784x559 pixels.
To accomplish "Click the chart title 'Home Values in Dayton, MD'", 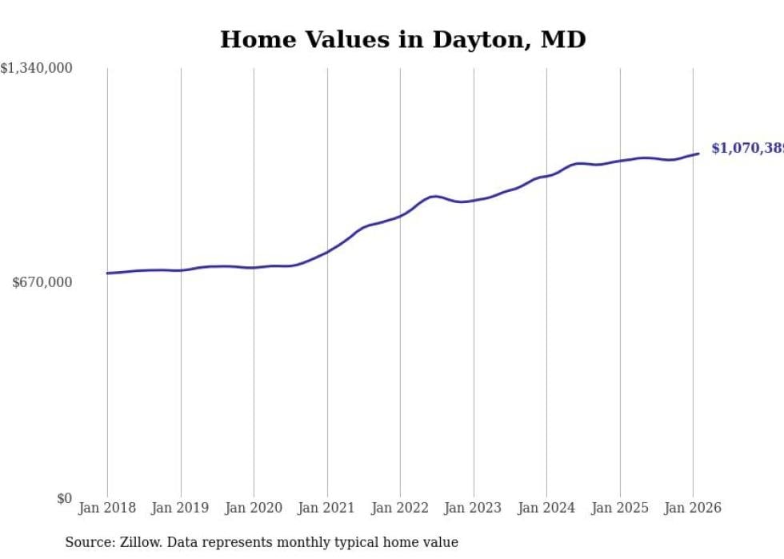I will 402,39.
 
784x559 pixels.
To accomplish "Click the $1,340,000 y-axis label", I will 37,69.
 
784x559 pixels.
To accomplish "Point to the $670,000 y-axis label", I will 42,282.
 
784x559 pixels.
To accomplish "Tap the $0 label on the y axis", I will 64,498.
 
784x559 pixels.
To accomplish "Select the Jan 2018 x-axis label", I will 107,508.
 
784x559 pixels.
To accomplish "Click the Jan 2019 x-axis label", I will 180,508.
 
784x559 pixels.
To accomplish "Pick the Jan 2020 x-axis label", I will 254,508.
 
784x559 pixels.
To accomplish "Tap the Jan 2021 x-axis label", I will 326,508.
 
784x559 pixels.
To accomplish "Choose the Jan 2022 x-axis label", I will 400,508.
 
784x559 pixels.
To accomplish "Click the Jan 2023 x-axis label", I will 473,508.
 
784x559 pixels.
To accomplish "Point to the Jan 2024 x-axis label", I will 546,508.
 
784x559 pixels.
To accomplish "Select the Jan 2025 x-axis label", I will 619,508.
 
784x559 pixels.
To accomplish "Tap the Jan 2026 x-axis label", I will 693,508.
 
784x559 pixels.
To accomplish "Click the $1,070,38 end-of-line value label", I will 746,148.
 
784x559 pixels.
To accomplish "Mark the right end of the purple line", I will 698,154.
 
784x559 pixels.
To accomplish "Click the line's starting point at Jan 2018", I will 107,274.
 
